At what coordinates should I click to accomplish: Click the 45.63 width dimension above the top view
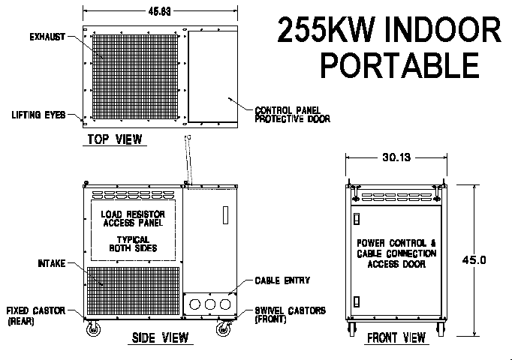coord(159,11)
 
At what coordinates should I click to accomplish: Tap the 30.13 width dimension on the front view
coord(396,157)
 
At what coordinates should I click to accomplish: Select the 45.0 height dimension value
coord(474,260)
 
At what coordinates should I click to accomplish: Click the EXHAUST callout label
coord(47,37)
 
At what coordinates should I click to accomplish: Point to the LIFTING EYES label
coord(38,115)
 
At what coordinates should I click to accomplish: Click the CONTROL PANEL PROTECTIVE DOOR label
coord(292,115)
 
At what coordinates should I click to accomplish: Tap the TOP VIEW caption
coord(115,139)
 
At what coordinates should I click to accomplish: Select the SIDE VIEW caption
coord(161,337)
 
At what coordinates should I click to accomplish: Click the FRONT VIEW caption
coord(396,337)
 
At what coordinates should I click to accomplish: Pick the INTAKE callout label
coord(52,263)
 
